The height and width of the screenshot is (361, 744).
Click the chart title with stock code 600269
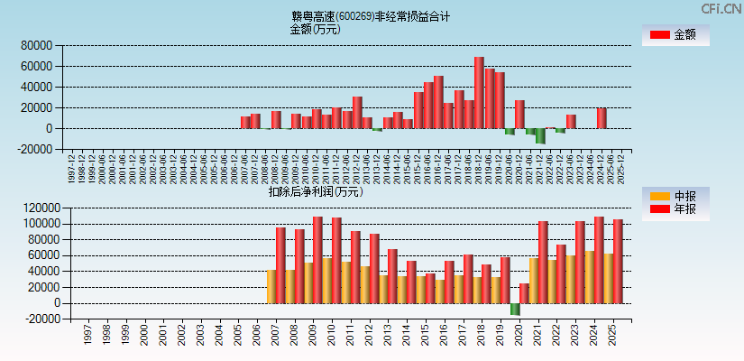(370, 15)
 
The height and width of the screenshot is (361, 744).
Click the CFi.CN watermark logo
(717, 8)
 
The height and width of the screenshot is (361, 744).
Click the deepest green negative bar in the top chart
(540, 135)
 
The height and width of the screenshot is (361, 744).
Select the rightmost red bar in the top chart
(602, 118)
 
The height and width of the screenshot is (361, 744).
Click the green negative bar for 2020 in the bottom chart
(515, 309)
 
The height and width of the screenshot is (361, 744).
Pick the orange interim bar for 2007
(271, 286)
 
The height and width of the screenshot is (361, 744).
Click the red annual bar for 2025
(618, 261)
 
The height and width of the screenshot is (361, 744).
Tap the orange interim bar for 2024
(589, 276)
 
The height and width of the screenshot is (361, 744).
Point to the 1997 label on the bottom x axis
(87, 334)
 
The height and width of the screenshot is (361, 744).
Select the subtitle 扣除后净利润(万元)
(315, 191)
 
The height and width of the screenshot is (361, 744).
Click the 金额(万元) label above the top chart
(315, 29)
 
